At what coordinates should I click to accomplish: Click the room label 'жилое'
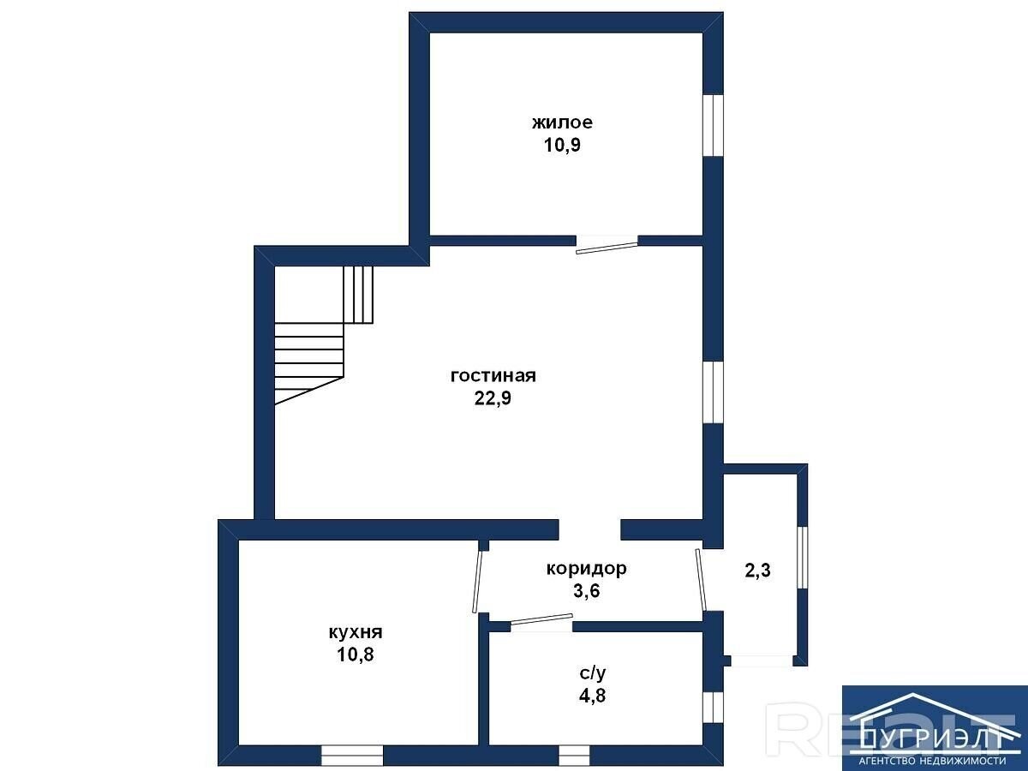[562, 123]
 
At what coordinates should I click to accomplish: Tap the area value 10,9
[562, 145]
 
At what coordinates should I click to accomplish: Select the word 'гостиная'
[493, 376]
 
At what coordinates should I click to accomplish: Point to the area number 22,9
[493, 398]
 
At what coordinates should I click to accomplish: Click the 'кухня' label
[356, 632]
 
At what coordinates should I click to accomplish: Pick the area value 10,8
[356, 654]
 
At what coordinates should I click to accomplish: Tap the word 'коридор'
[586, 569]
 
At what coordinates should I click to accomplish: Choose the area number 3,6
[586, 591]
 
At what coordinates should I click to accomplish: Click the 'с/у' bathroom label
[593, 673]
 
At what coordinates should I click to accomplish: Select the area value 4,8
[593, 696]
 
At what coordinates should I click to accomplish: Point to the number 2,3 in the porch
[757, 571]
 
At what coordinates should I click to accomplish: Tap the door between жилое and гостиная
[607, 248]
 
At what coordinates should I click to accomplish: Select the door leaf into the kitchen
[477, 582]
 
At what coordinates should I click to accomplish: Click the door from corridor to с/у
[541, 619]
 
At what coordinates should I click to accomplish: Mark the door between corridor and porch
[701, 580]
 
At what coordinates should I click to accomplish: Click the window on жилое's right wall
[714, 125]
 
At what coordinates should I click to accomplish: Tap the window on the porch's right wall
[802, 557]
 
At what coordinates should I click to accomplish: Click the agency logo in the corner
[935, 728]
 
